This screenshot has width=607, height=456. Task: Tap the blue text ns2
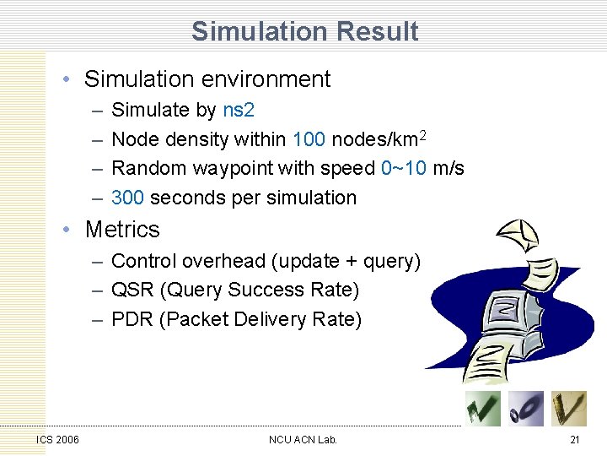coord(239,110)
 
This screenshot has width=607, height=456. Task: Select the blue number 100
coord(309,139)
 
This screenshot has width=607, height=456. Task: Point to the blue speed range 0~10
coord(404,168)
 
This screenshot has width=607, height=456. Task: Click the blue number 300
coord(128,198)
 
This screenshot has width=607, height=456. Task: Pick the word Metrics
coord(122,229)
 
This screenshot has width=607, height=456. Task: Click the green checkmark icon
coord(483,409)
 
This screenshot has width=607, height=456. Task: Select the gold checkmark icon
coord(568,409)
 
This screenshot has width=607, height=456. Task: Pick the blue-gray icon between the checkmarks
coord(526,409)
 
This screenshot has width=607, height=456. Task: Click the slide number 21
coord(574,439)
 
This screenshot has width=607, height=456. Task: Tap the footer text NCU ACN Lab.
coord(303,439)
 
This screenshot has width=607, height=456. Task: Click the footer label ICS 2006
coord(58,439)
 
